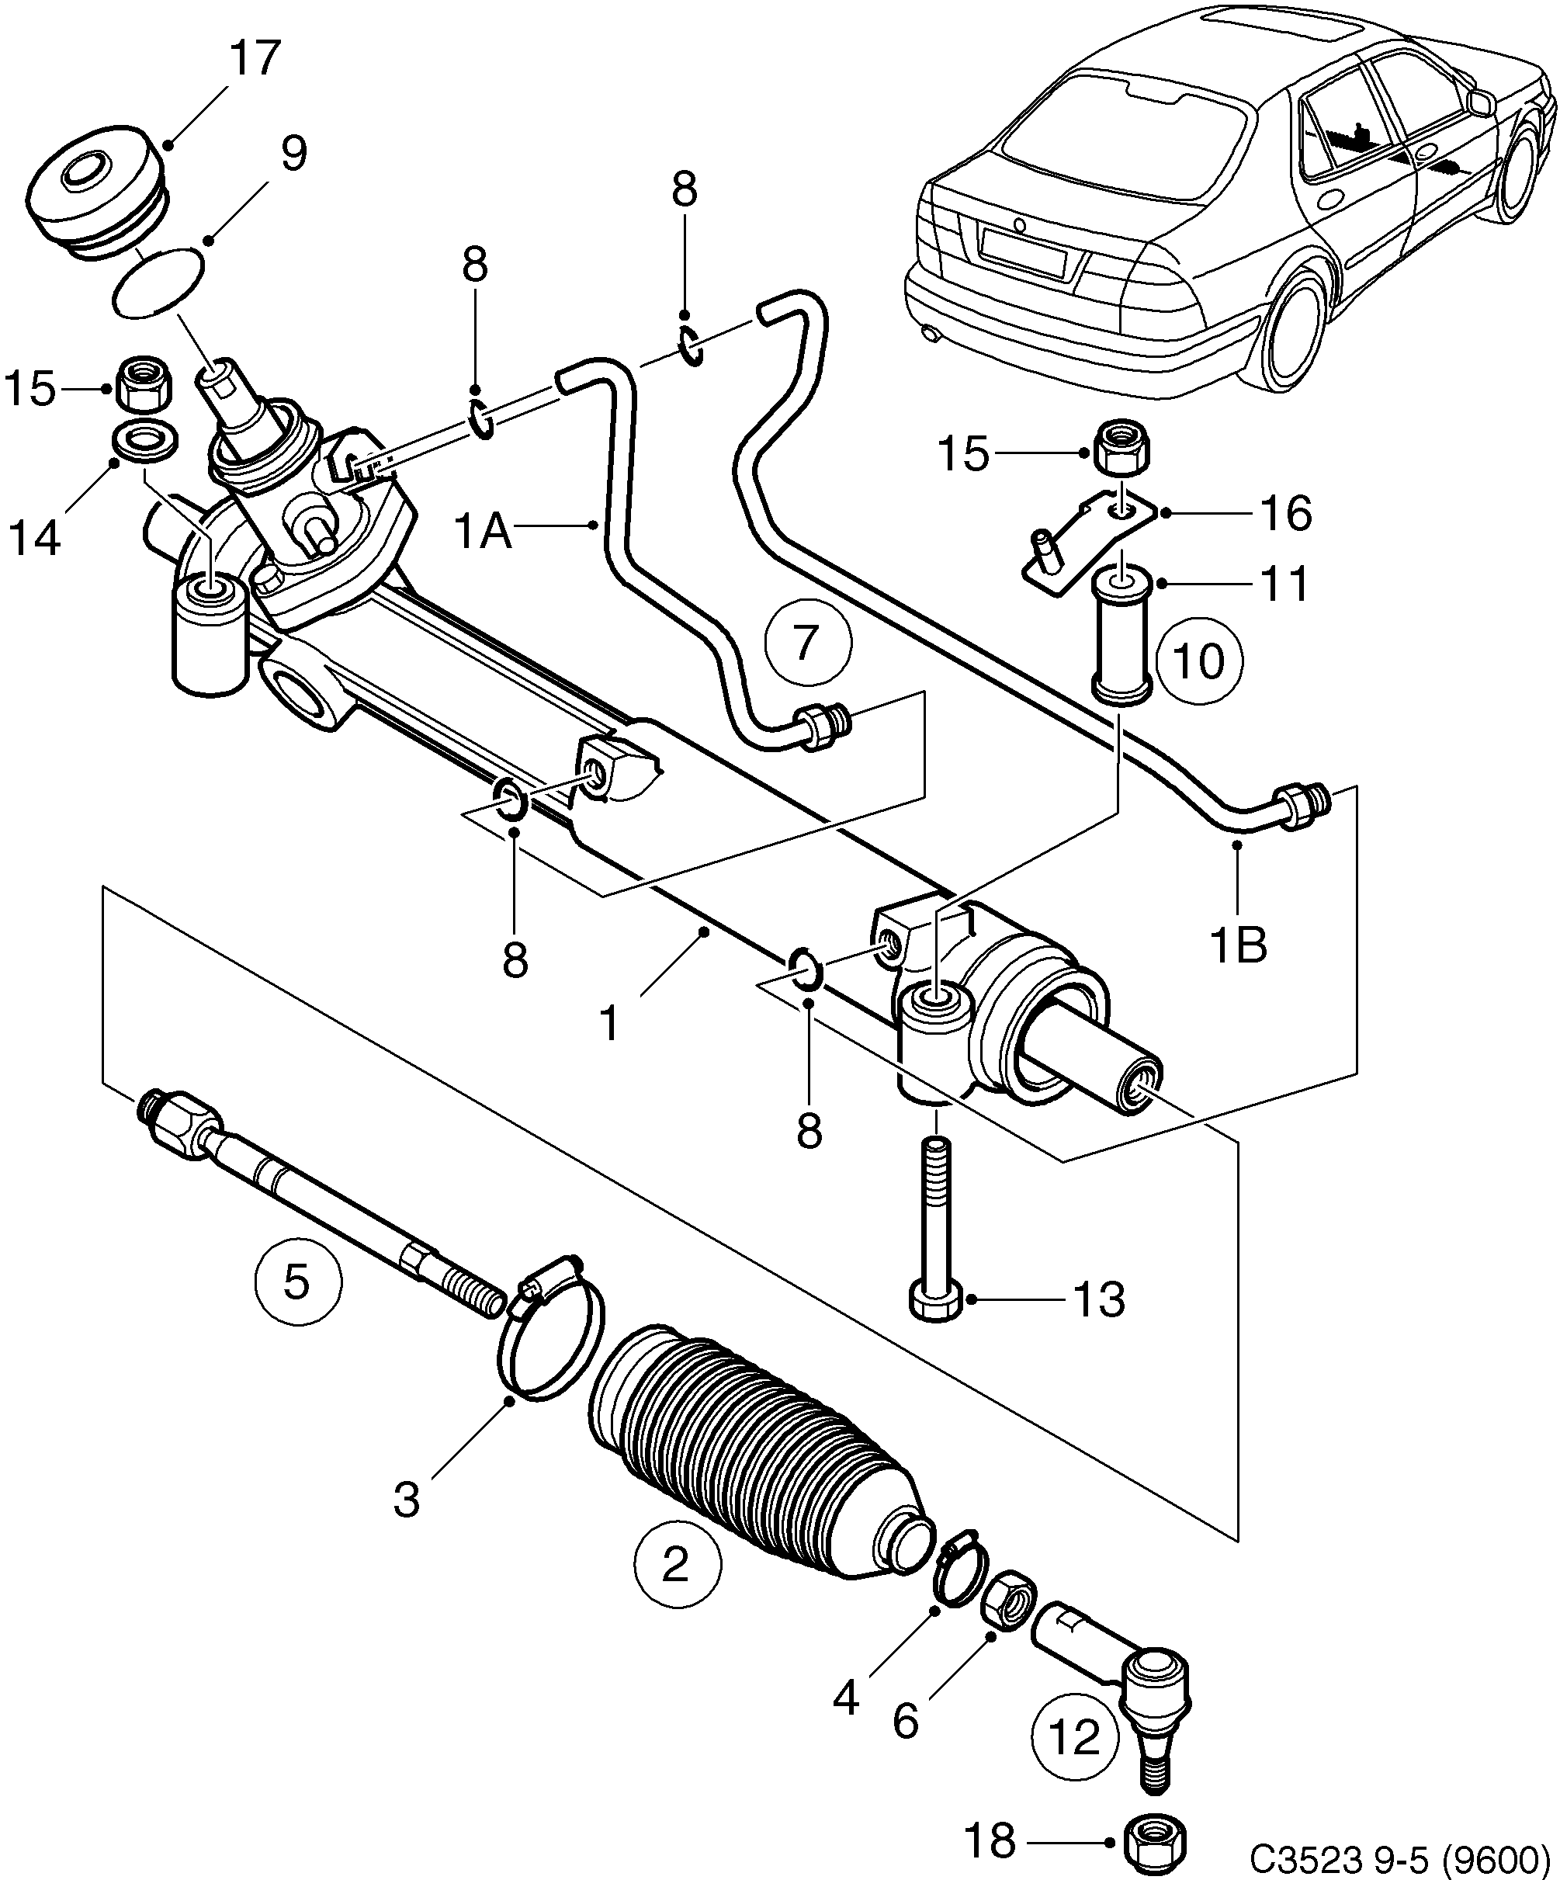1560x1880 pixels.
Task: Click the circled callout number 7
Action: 808,643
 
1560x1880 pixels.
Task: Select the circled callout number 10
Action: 1198,662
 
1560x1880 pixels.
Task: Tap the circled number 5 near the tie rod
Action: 297,1282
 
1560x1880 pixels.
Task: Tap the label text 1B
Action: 1238,944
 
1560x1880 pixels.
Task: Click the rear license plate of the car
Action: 1021,253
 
